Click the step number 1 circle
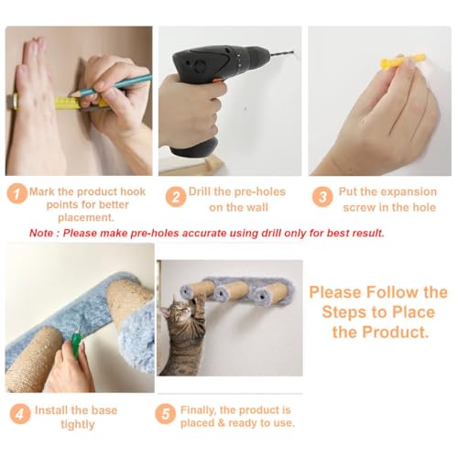pos(17,193)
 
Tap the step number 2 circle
pos(176,197)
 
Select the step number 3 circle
pos(322,197)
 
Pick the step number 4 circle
pos(20,414)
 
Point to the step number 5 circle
pos(165,414)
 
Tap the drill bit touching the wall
pos(282,53)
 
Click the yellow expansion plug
pos(402,61)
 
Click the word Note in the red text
pos(41,234)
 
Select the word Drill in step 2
pos(200,191)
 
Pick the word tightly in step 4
pos(78,424)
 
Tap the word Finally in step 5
pos(199,410)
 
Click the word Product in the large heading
pos(396,332)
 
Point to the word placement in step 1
pos(86,218)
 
